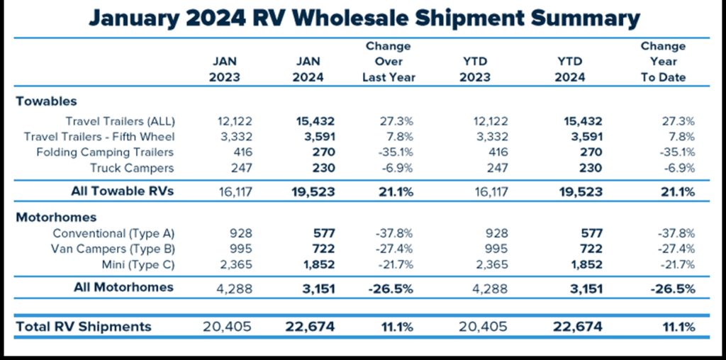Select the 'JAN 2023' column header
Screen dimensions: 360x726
pyautogui.click(x=224, y=69)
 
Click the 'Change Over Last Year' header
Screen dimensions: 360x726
pyautogui.click(x=388, y=62)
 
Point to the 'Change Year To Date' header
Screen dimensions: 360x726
pyautogui.click(x=663, y=62)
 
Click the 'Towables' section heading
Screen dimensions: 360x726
pyautogui.click(x=46, y=101)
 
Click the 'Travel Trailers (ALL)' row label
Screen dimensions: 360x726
pyautogui.click(x=120, y=121)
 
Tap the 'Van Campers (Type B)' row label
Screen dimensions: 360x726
pyautogui.click(x=113, y=249)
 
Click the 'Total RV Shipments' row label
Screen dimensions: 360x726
pyautogui.click(x=84, y=327)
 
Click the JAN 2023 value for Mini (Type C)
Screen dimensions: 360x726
pyautogui.click(x=224, y=264)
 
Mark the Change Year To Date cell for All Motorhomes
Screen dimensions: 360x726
pyautogui.click(x=670, y=288)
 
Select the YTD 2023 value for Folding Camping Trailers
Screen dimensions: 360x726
pyautogui.click(x=495, y=152)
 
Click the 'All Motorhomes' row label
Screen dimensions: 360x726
pyautogui.click(x=123, y=288)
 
